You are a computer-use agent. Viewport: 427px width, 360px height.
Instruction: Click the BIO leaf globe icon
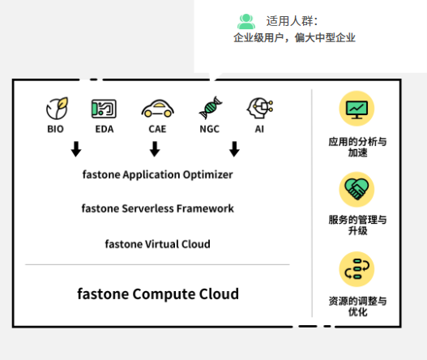57,108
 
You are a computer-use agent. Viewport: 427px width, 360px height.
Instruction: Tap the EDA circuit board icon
104,109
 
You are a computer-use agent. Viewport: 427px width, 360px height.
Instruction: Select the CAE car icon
158,109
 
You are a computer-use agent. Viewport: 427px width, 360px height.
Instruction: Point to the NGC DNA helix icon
211,108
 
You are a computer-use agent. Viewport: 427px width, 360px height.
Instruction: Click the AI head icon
260,108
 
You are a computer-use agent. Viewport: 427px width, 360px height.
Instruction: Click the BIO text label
56,129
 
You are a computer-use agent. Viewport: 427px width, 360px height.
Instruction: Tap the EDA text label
105,129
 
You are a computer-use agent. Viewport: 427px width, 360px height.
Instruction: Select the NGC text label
209,129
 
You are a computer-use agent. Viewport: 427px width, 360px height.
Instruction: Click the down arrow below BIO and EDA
76,149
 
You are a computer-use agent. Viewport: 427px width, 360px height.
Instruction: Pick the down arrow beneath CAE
155,149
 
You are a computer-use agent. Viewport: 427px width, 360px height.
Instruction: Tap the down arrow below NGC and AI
234,149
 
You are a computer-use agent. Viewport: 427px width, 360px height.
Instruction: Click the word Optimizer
207,175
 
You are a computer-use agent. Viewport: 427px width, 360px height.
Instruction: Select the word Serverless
147,208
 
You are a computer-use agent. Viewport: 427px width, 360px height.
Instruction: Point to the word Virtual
162,244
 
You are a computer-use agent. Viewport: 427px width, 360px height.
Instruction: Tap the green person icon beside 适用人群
246,22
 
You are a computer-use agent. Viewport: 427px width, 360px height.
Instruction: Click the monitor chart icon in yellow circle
357,109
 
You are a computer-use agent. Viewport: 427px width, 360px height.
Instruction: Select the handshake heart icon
357,189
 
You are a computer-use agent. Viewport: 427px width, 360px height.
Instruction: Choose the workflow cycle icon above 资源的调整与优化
357,269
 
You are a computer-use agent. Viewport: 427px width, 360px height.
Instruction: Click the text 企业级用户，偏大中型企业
294,37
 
